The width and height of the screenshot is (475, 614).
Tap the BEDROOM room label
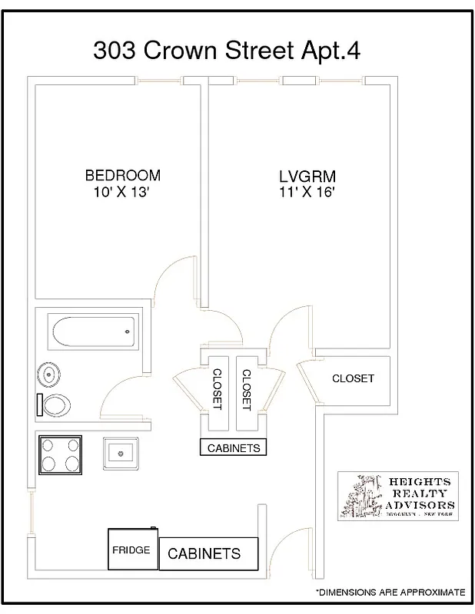point(123,176)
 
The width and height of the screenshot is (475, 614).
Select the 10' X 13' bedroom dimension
point(123,193)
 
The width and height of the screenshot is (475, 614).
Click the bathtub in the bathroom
point(92,332)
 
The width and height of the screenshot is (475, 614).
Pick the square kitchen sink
point(121,453)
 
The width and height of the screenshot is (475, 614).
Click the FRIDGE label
point(131,550)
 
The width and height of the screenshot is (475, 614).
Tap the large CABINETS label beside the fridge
point(204,553)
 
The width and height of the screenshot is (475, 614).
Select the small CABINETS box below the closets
point(234,448)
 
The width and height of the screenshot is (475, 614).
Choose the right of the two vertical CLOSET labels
point(246,388)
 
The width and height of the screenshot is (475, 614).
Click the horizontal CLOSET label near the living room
point(353,378)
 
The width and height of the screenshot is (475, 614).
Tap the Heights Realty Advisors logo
point(398,496)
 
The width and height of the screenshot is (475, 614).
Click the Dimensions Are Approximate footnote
point(390,593)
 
